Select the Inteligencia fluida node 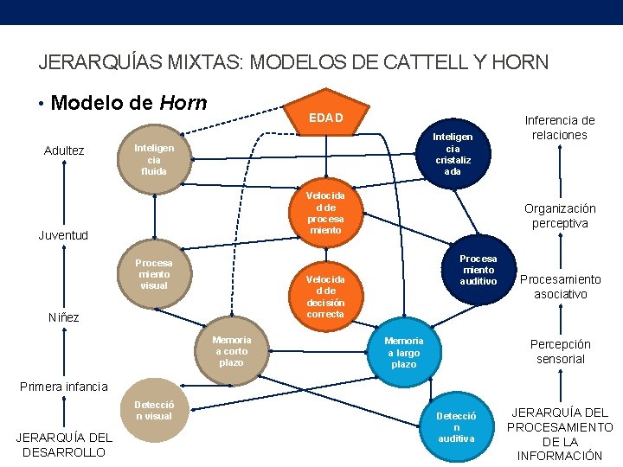point(154,159)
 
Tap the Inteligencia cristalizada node point(453,154)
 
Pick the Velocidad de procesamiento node point(325,212)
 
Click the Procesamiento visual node point(154,274)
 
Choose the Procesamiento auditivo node point(478,270)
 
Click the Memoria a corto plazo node point(231,350)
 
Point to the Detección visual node point(154,411)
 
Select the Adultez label point(64,151)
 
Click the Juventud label point(63,235)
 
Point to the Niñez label point(63,317)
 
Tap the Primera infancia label point(63,387)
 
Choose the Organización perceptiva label point(560,215)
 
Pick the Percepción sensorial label point(560,351)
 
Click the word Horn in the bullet point(183,104)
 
